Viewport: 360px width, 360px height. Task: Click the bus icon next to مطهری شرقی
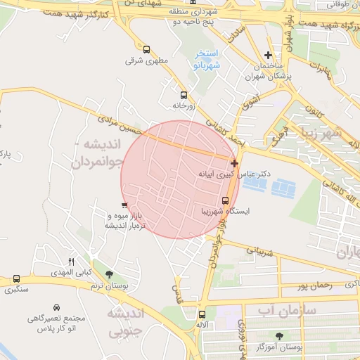[x=146, y=49]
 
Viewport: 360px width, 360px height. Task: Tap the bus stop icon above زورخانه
[x=184, y=95]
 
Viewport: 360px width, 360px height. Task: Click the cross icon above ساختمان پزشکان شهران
[x=268, y=55]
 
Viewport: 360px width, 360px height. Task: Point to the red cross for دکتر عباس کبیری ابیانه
[x=234, y=163]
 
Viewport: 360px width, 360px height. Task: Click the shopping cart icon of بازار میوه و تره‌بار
[x=124, y=205]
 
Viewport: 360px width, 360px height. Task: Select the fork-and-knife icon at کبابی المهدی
[x=70, y=262]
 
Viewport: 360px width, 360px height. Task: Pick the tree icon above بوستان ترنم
[x=107, y=273]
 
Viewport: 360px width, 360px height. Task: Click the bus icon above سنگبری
[x=16, y=279]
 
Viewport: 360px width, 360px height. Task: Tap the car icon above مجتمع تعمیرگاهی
[x=56, y=308]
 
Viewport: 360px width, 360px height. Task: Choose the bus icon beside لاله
[x=202, y=314]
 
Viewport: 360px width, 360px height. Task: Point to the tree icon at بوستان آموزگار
[x=281, y=335]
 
